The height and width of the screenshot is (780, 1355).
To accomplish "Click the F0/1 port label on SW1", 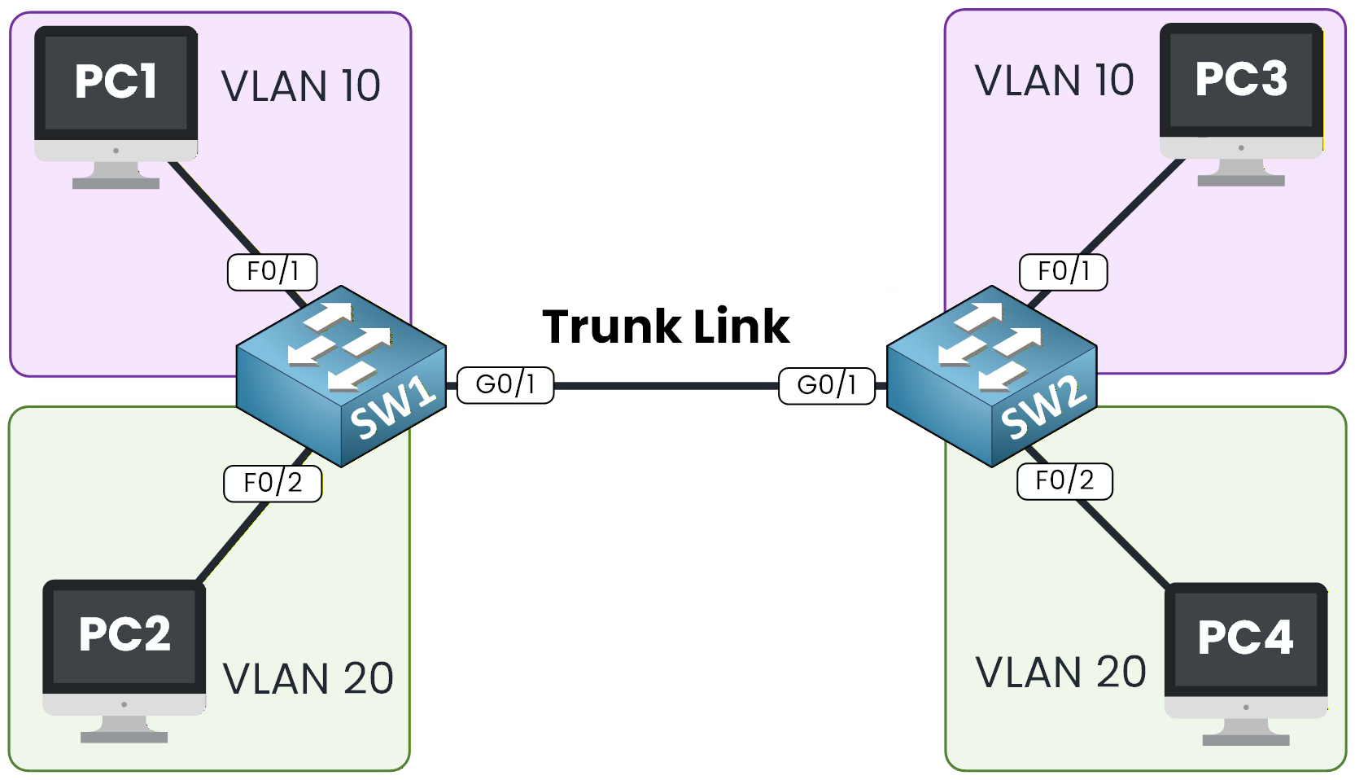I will coord(273,271).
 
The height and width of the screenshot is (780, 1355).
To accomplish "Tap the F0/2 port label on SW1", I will coord(273,483).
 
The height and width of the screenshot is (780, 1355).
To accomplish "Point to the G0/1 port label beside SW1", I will coord(505,384).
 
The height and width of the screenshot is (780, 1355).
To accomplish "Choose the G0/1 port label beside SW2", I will coord(827,385).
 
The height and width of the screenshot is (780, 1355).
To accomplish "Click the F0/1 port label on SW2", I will coord(1063,271).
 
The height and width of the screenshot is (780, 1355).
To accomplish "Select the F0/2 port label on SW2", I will coord(1064,481).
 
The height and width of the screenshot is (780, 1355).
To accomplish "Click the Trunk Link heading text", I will coord(666,326).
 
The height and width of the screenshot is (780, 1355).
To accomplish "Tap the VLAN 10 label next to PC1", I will coord(300,86).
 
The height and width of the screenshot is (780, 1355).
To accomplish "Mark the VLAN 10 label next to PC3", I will coord(1054,81).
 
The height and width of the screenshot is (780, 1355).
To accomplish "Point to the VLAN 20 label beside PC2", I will coord(308,679).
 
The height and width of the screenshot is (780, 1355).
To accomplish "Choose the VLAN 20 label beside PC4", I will coord(1060,673).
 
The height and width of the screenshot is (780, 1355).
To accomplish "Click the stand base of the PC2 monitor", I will coord(124,738).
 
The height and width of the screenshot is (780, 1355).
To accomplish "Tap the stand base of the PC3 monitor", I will coord(1240,181).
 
